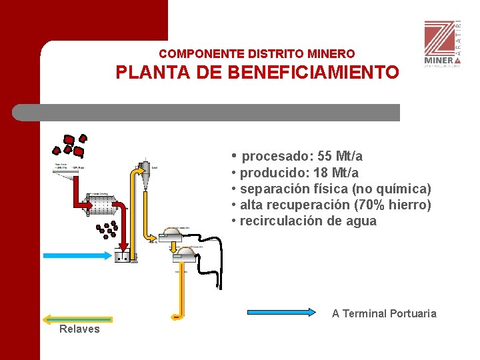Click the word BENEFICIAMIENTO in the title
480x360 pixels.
click(313, 72)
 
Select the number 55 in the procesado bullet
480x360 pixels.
click(325, 157)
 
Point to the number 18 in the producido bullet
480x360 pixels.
click(320, 173)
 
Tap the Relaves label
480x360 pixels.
click(79, 329)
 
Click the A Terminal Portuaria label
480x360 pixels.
click(384, 313)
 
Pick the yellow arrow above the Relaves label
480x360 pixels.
click(77, 319)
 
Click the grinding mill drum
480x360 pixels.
click(99, 205)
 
